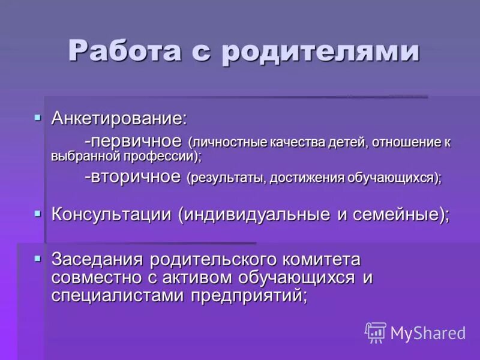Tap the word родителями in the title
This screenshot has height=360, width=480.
point(320,50)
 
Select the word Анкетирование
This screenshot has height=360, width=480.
point(119,118)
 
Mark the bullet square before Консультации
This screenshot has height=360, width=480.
point(38,212)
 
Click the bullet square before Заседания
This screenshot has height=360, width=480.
point(38,258)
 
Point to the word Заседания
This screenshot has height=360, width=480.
point(97,260)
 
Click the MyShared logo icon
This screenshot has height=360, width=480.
point(376,332)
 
